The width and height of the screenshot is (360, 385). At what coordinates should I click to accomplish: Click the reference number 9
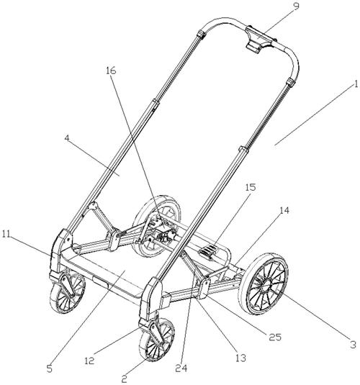297,6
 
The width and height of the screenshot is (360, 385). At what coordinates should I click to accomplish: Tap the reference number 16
111,71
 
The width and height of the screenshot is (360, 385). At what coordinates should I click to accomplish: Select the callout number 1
356,84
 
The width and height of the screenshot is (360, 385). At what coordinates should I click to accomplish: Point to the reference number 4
67,138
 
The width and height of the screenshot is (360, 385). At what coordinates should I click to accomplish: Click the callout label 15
251,187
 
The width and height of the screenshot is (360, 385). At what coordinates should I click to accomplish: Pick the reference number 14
284,210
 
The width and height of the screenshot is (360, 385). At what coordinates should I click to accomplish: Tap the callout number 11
6,234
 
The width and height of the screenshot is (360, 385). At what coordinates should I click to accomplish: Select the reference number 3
353,345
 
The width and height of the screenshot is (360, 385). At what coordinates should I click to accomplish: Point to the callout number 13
240,358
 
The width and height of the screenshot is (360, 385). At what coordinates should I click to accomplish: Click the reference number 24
181,368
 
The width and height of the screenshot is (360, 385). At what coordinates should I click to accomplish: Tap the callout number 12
89,361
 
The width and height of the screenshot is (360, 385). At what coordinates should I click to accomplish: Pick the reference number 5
50,368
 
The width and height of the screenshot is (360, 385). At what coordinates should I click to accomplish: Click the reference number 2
125,379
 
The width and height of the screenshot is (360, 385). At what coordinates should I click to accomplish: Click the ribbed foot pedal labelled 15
209,251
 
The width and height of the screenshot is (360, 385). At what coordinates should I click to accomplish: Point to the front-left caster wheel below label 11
68,293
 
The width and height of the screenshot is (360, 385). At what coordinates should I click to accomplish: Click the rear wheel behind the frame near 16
157,226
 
